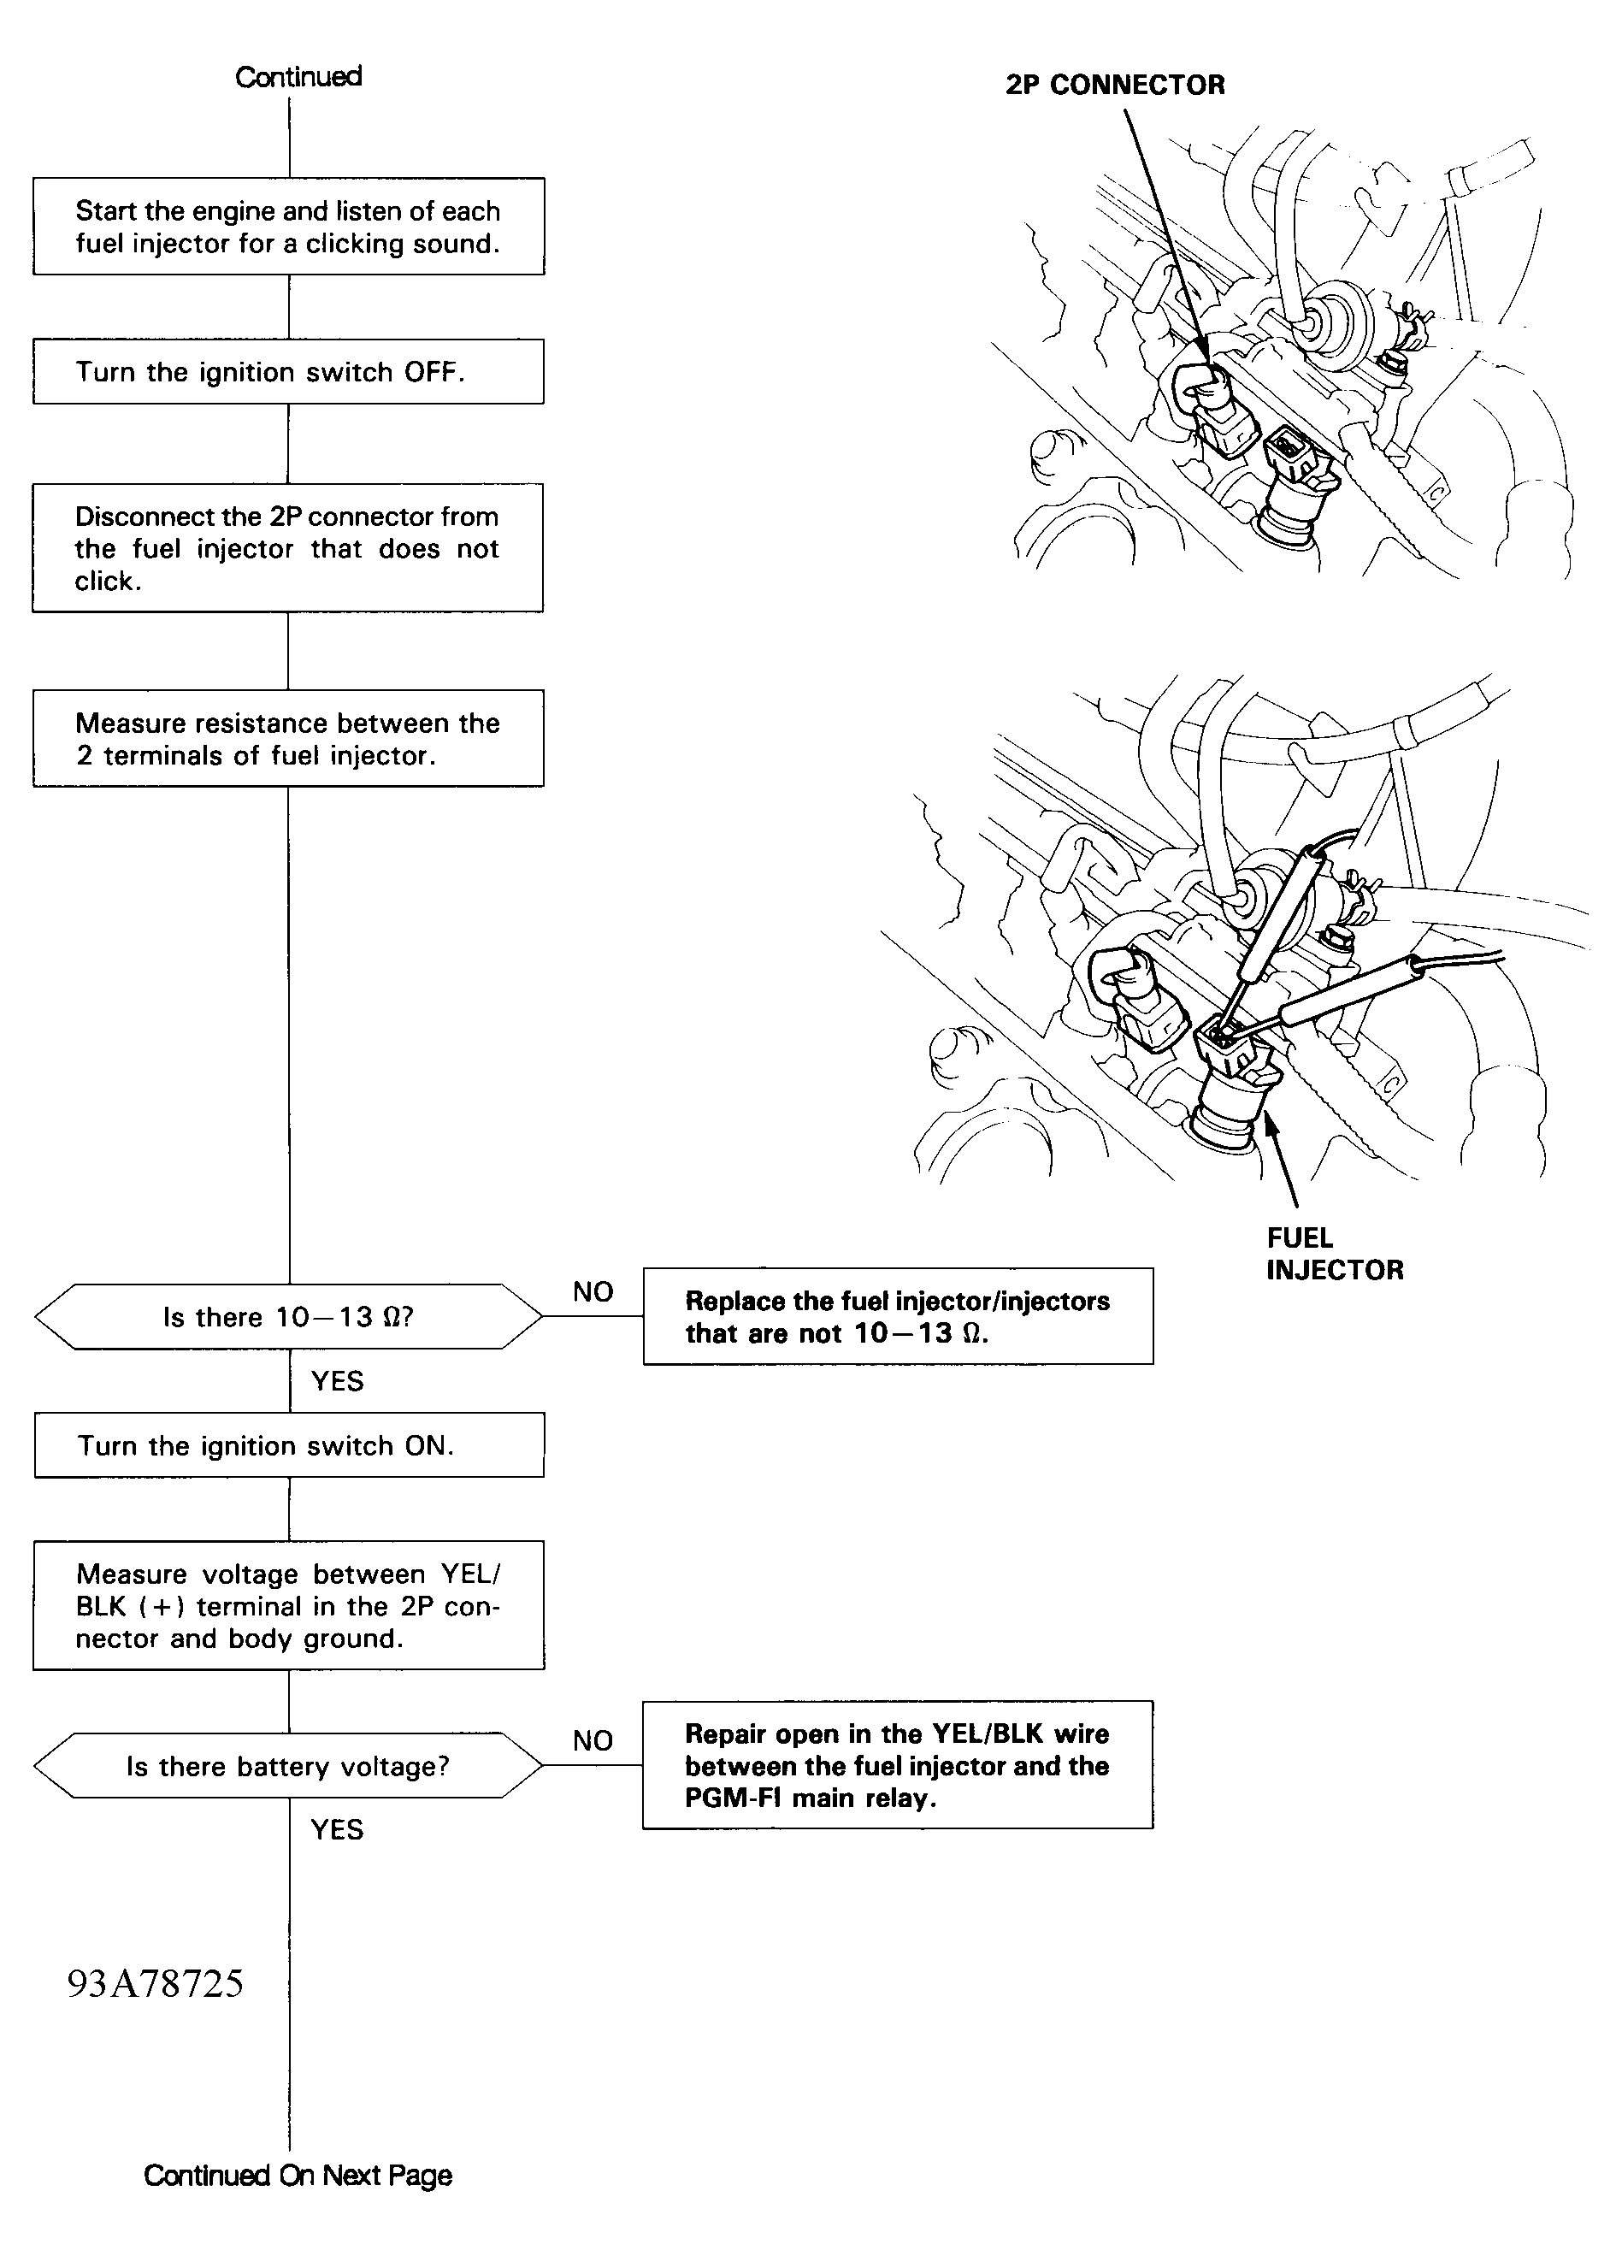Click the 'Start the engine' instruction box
pos(288,227)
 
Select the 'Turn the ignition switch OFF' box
pos(288,372)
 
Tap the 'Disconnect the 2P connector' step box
pos(288,548)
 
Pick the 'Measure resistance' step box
pos(288,739)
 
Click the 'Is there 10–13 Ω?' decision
pos(288,1317)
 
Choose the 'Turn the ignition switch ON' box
pos(288,1445)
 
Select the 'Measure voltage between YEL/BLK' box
pos(288,1605)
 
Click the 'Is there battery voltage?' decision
pos(288,1766)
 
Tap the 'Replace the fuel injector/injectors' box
pos(898,1317)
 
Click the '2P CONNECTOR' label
pos(1115,86)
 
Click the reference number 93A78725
pos(155,1984)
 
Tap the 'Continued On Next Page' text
pos(298,2176)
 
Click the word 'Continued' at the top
pos(298,77)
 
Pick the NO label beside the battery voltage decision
pos(593,1740)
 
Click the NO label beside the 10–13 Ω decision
pos(593,1292)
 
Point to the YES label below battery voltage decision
pos(337,1829)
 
